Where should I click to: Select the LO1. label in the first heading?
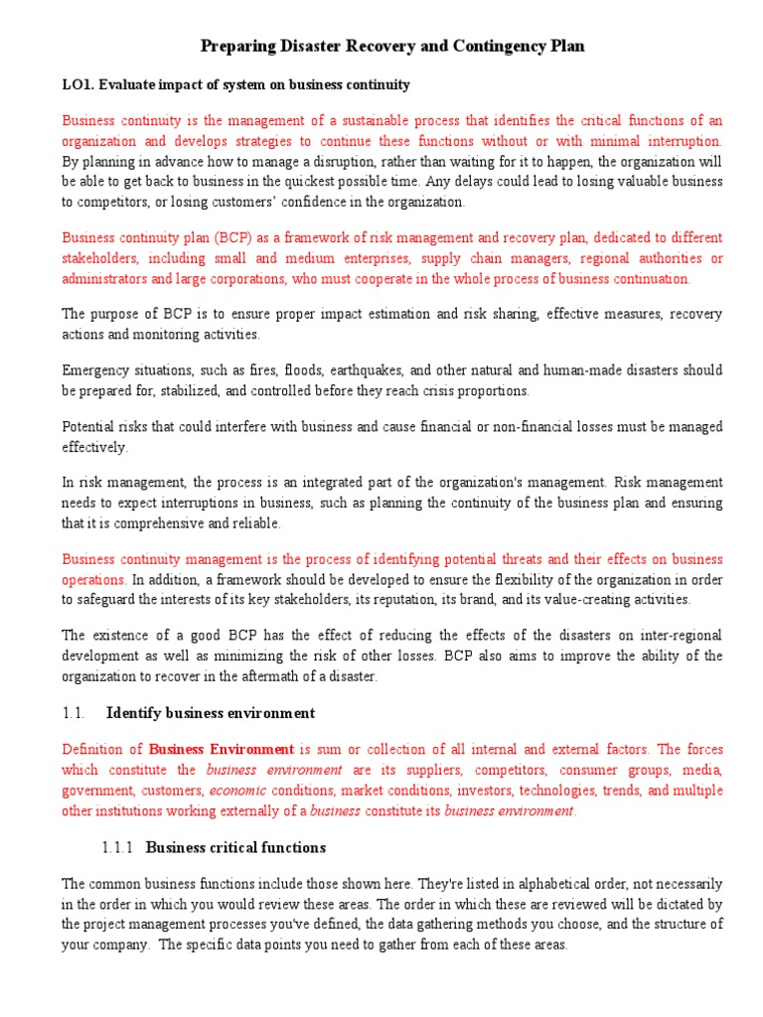coord(78,85)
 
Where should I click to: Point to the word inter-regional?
coord(678,636)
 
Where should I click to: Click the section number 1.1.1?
coord(119,848)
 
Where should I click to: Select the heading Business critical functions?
coord(235,848)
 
